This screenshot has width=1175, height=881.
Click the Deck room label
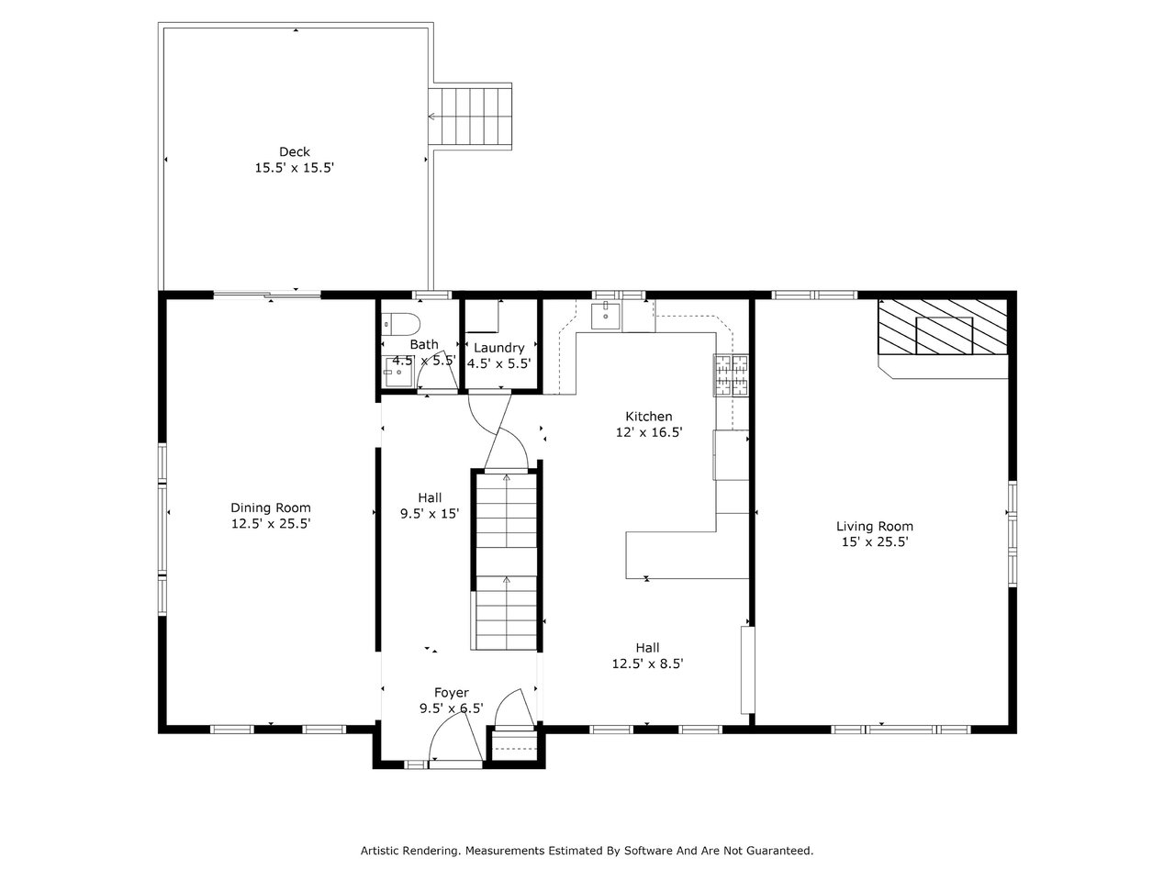tap(295, 152)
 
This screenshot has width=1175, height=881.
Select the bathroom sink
tap(397, 372)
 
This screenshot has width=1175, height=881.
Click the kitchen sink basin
tap(606, 316)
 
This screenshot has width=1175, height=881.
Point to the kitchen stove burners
tap(731, 375)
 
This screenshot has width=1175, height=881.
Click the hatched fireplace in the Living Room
tap(943, 327)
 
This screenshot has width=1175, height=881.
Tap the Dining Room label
tap(270, 507)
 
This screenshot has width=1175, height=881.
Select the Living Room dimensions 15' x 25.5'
tap(875, 541)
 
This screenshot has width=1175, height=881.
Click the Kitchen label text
tap(649, 416)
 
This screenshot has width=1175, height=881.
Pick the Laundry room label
tap(498, 348)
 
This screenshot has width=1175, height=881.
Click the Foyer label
tap(452, 693)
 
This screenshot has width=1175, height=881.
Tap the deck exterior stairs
tap(470, 117)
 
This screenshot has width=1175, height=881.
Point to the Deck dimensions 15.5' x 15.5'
tap(295, 168)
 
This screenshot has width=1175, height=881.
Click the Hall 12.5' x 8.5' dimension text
tap(648, 664)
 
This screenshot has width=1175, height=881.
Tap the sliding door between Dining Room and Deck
tap(267, 295)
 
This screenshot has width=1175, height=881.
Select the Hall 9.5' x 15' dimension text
tap(430, 514)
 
